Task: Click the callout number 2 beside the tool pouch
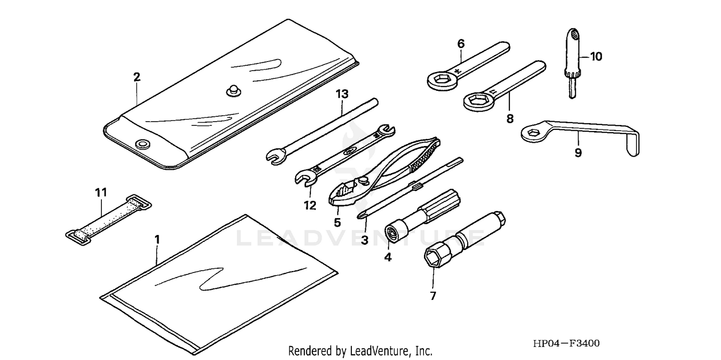pos(137,77)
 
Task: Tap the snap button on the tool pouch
pos(233,90)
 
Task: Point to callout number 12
pos(310,205)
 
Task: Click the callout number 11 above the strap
pos(100,193)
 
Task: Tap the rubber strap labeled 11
pos(109,219)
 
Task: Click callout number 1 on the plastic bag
pos(157,239)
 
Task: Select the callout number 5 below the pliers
pos(337,223)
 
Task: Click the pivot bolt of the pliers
pos(363,180)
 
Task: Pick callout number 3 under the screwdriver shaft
pos(364,239)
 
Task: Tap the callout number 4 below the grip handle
pos(388,257)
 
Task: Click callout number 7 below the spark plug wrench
pos(433,296)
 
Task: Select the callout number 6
pos(461,44)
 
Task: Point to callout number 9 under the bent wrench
pos(578,152)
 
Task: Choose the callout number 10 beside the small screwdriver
pos(596,57)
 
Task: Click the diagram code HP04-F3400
pos(566,344)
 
